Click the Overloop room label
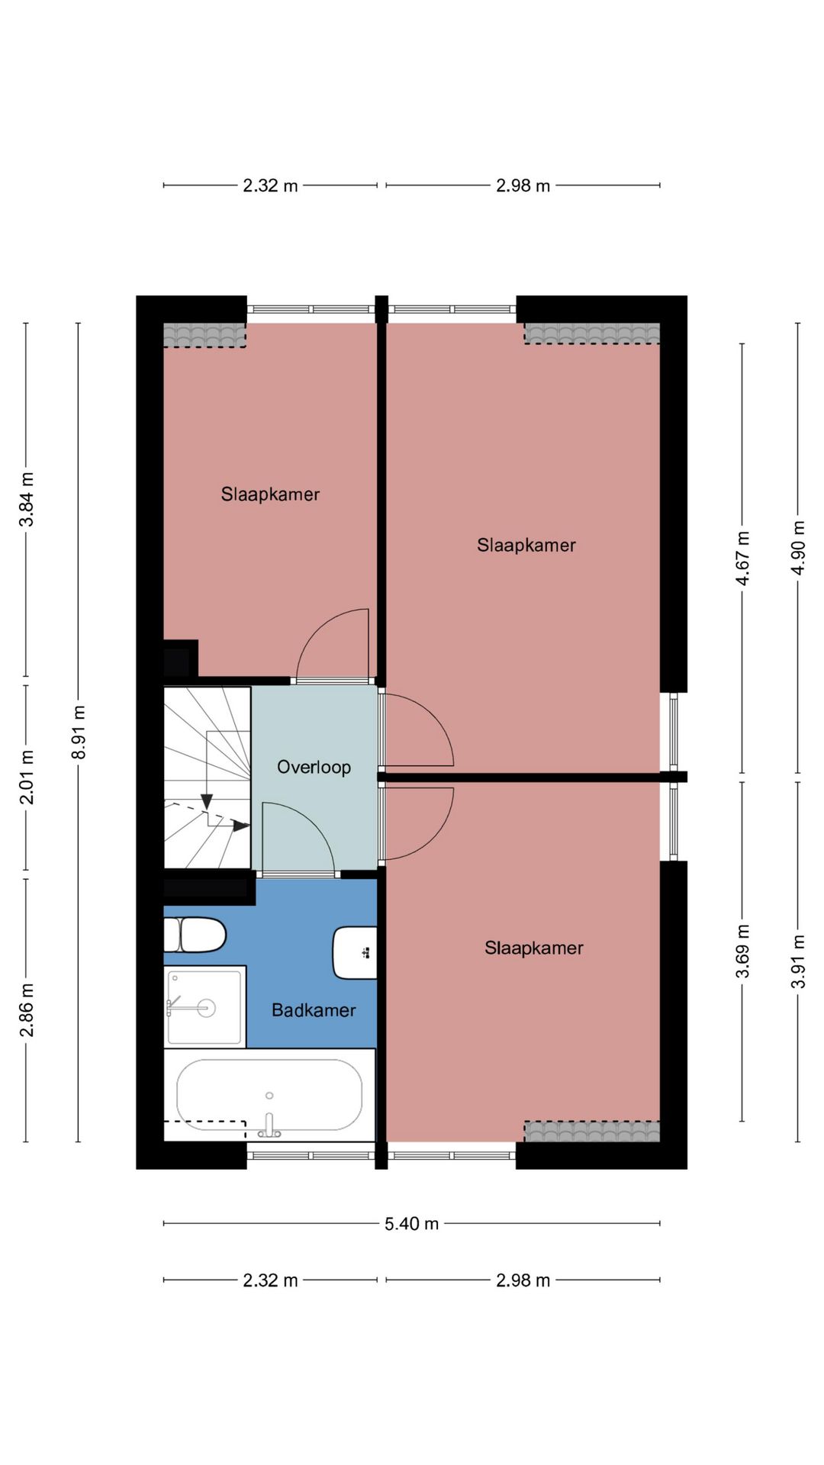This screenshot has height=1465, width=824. (x=314, y=767)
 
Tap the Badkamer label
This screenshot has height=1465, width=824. (x=314, y=1010)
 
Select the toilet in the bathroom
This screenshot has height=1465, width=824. (x=195, y=935)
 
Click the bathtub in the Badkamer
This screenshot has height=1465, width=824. (x=269, y=1095)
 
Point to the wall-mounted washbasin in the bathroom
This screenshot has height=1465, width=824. (x=355, y=952)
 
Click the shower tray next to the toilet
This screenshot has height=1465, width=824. (x=204, y=1007)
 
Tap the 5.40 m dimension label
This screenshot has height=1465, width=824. (x=411, y=1224)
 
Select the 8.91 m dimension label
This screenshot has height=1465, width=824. (x=79, y=732)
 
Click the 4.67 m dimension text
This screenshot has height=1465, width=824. (x=742, y=559)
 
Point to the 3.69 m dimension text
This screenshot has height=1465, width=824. (x=742, y=951)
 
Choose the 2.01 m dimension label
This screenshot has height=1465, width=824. (x=27, y=778)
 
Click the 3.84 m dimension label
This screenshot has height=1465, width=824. (x=27, y=500)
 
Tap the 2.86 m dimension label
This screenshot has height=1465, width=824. (x=27, y=1010)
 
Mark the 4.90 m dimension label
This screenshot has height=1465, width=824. (x=798, y=548)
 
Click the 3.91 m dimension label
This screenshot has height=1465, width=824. (x=798, y=961)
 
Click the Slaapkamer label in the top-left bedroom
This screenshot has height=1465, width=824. (x=270, y=494)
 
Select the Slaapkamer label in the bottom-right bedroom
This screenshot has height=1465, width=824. (x=534, y=948)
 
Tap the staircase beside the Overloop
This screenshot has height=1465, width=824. (x=208, y=778)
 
